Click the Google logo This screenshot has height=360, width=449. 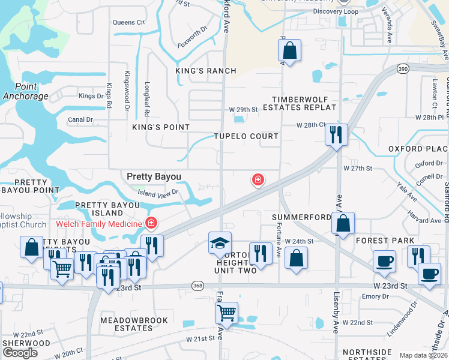point(20,352)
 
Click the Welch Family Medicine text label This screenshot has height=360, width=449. point(99,224)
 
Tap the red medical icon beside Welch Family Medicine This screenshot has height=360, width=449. point(151,224)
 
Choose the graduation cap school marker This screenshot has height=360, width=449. point(220,243)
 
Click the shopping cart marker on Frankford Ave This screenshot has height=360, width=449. point(226,312)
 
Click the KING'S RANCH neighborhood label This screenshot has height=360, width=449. point(206,71)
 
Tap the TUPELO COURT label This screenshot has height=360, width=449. point(246,136)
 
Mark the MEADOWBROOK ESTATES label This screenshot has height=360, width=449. point(127,324)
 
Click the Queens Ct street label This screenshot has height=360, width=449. point(128,23)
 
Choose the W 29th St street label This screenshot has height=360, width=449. point(243,110)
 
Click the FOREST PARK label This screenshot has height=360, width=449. point(385,241)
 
